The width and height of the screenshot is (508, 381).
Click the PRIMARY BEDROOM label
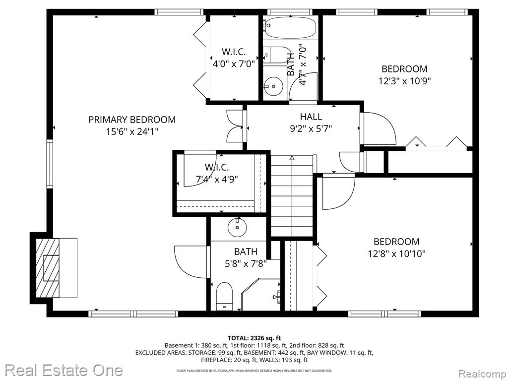132,120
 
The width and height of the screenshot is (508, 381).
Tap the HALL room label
311,116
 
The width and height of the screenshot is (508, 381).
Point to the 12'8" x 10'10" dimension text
396,254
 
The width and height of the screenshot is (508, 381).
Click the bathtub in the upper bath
290,28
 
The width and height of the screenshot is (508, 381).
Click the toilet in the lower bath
224,296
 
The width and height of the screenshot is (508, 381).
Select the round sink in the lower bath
238,227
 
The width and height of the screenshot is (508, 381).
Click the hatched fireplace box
47,268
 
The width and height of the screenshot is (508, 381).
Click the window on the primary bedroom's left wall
49,164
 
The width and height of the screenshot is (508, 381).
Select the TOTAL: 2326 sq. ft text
254,338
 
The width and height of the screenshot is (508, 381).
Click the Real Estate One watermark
64,370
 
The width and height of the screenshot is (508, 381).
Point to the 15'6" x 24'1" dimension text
132,131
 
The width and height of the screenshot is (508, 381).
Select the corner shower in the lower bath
261,294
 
